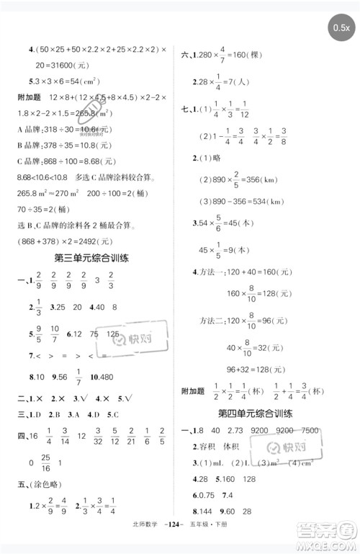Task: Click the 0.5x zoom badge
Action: point(341,28)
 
